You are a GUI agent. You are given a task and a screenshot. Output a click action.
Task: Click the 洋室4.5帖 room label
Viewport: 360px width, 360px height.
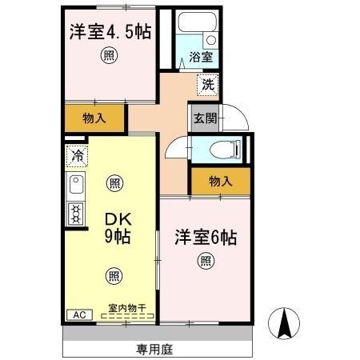110,33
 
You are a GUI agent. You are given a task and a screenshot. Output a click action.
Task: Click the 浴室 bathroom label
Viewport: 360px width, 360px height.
200,57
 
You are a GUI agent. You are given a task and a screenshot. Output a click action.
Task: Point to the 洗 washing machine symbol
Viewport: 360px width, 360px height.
206,82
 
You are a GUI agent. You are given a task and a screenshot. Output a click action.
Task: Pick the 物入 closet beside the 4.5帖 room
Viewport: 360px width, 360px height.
94,118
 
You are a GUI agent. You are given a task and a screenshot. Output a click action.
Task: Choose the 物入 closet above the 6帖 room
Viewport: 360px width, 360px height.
220,182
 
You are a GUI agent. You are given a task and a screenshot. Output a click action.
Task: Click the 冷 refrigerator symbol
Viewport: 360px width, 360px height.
78,155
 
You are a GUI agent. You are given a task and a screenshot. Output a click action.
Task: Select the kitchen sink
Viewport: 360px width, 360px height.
77,187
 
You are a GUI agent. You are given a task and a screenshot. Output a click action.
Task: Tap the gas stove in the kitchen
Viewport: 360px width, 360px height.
77,214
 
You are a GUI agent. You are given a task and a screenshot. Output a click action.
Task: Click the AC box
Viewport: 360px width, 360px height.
78,314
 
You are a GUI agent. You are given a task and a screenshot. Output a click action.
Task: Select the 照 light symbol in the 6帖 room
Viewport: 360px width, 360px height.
206,259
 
